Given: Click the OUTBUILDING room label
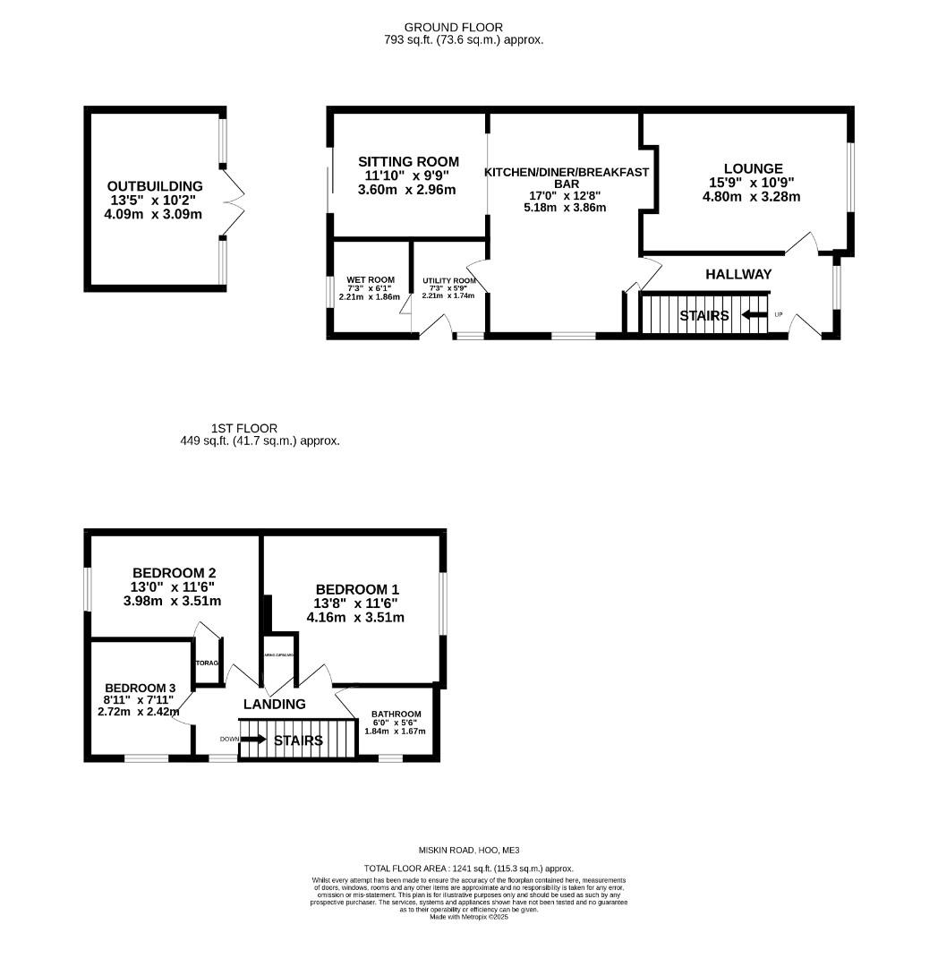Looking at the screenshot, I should [x=155, y=186].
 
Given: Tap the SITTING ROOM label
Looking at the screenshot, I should [x=408, y=162].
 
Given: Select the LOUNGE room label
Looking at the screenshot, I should [x=753, y=168].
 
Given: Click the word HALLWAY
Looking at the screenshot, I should [x=738, y=274].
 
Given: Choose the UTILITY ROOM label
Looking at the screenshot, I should [x=449, y=280].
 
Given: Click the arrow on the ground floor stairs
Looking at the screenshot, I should [x=755, y=315].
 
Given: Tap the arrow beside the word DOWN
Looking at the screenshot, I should [x=252, y=740].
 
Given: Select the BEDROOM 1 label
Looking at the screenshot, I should [x=357, y=589].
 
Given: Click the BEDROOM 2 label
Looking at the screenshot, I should [x=174, y=573].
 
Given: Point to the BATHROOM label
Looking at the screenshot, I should [x=396, y=715].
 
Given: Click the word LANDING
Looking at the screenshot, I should [x=274, y=705].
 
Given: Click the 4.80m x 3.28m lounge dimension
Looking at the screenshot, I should [x=752, y=197].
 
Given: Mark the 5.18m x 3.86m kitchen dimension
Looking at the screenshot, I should [x=567, y=208].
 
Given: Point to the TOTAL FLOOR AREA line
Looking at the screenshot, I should [x=469, y=869].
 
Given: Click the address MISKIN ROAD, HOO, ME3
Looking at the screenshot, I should [x=469, y=850].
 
